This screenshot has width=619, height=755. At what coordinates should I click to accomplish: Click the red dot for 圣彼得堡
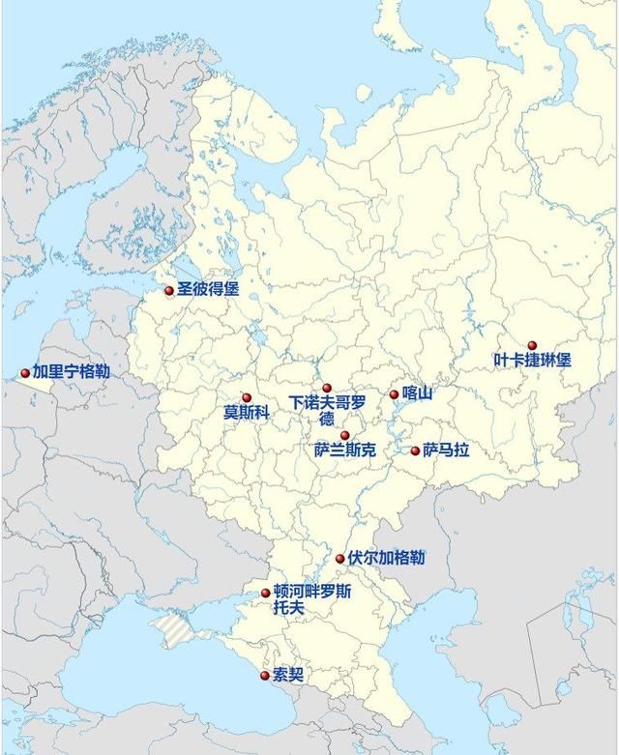pyautogui.click(x=169, y=290)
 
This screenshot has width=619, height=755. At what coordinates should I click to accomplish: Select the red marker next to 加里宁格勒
pyautogui.click(x=25, y=372)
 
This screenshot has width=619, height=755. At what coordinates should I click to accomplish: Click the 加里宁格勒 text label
pyautogui.click(x=71, y=371)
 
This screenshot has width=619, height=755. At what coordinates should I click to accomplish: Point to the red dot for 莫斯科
pyautogui.click(x=247, y=397)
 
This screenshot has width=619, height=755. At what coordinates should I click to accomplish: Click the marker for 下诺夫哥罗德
pyautogui.click(x=327, y=388)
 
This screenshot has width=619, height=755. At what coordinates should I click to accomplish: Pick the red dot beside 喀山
pyautogui.click(x=394, y=393)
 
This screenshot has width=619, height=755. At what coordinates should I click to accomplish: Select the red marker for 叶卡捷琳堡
pyautogui.click(x=532, y=345)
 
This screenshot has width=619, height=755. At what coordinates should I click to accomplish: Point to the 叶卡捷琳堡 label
pyautogui.click(x=532, y=361)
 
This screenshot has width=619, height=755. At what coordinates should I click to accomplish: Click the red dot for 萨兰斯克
pyautogui.click(x=344, y=436)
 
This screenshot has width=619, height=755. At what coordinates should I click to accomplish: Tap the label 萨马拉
pyautogui.click(x=446, y=450)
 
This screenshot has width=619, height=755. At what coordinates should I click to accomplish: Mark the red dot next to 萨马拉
pyautogui.click(x=416, y=450)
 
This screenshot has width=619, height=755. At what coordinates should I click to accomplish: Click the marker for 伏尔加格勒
pyautogui.click(x=340, y=559)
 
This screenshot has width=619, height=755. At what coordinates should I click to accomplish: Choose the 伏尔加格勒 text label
pyautogui.click(x=386, y=558)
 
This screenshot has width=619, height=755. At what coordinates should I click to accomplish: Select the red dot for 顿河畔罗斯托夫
pyautogui.click(x=266, y=593)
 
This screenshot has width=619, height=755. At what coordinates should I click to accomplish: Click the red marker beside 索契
pyautogui.click(x=265, y=675)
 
